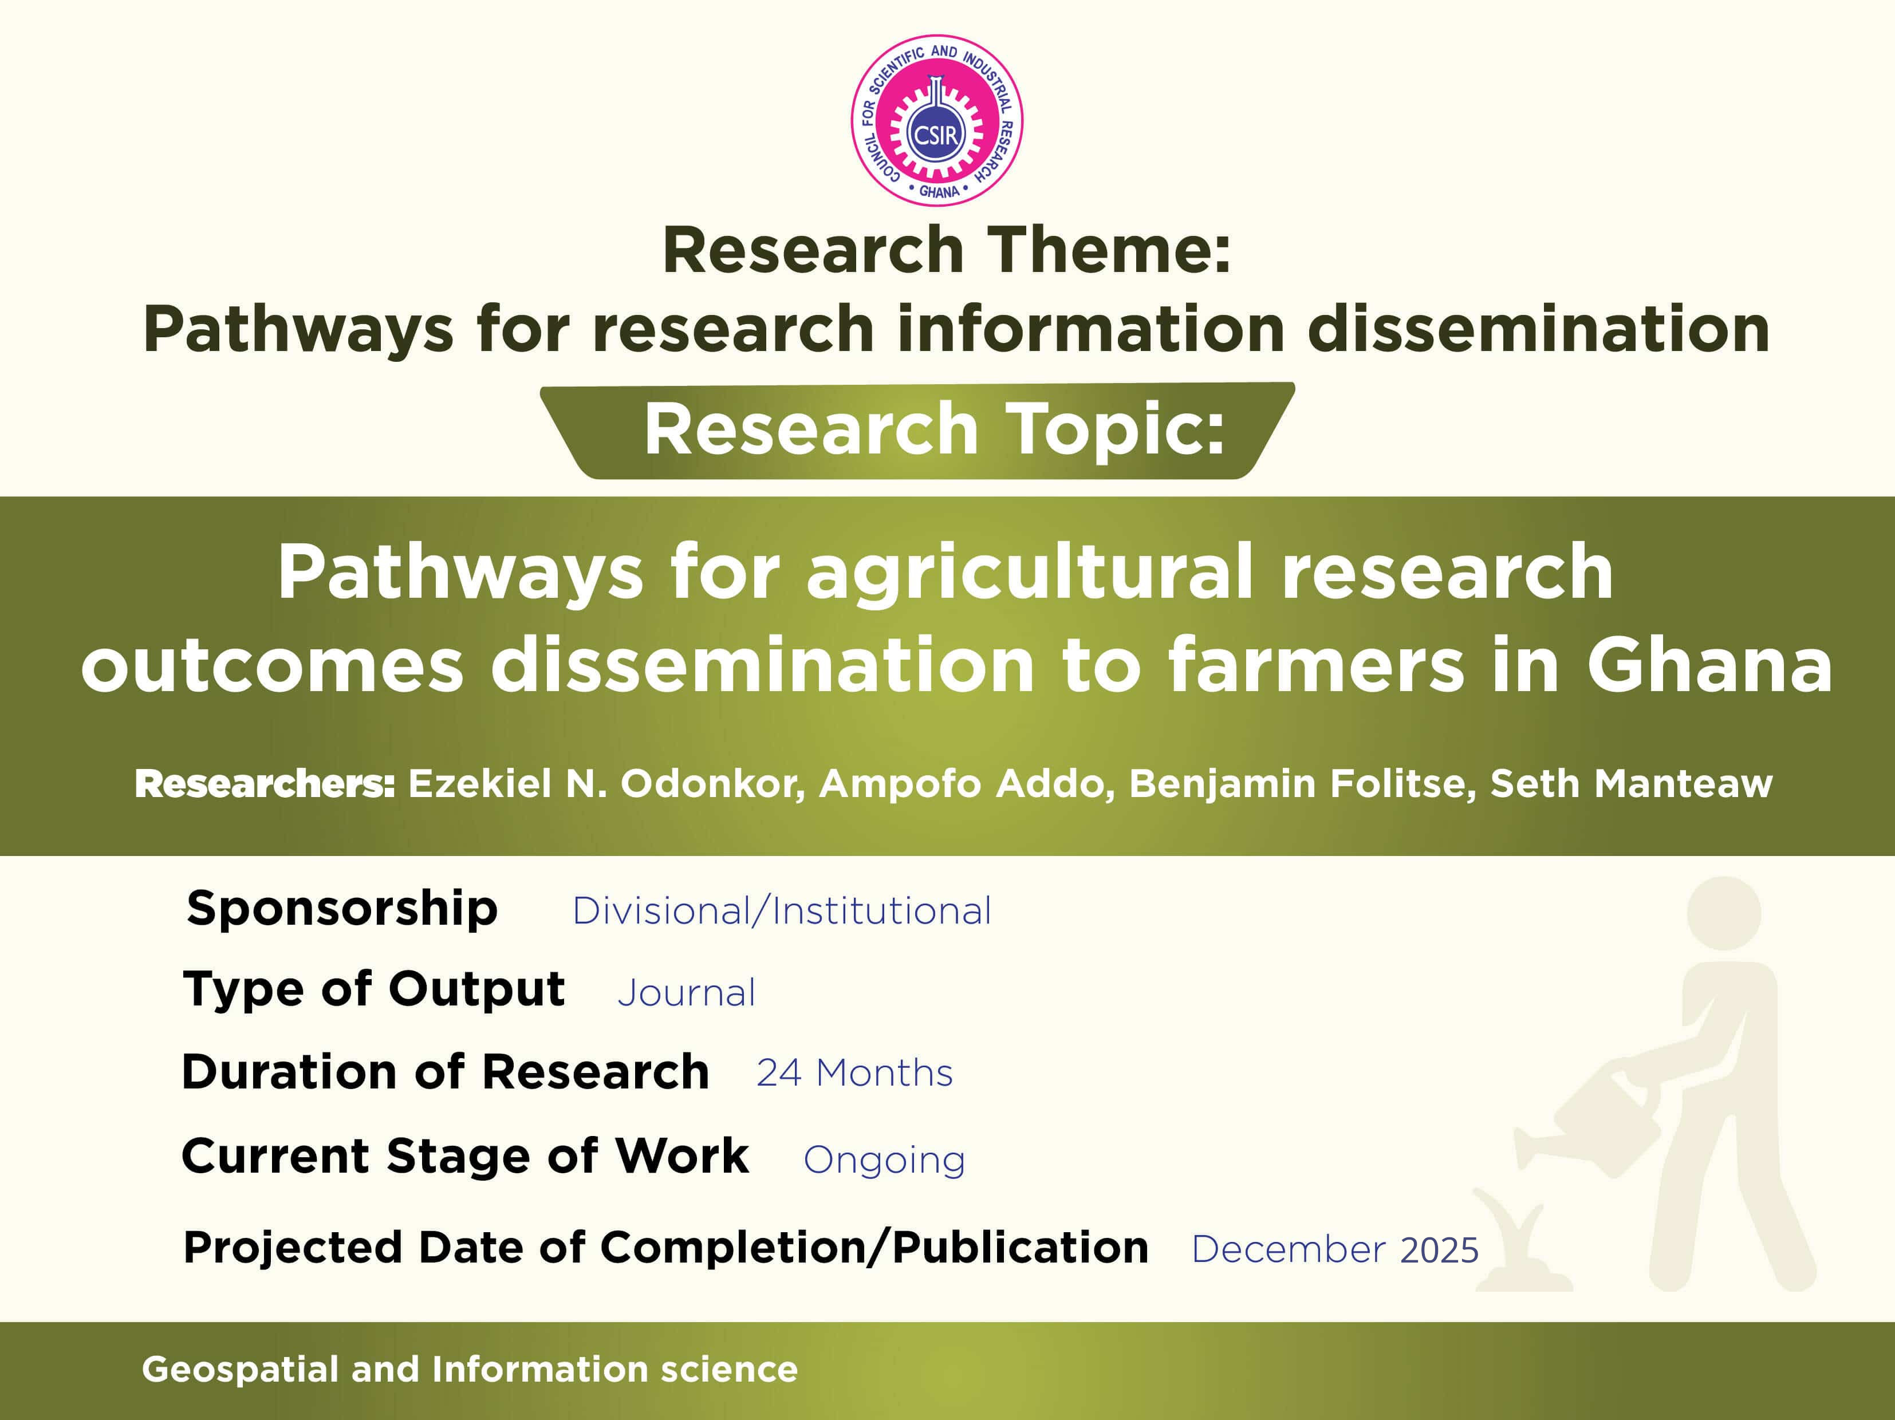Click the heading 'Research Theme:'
point(947,250)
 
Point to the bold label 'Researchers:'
point(265,784)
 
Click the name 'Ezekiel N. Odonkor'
point(606,784)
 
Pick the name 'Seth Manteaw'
point(1631,784)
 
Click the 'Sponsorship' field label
point(342,909)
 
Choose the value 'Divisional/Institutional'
point(781,910)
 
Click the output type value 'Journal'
point(686,993)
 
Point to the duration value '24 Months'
point(854,1073)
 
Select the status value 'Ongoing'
point(884,1161)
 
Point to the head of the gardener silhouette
point(1724,913)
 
